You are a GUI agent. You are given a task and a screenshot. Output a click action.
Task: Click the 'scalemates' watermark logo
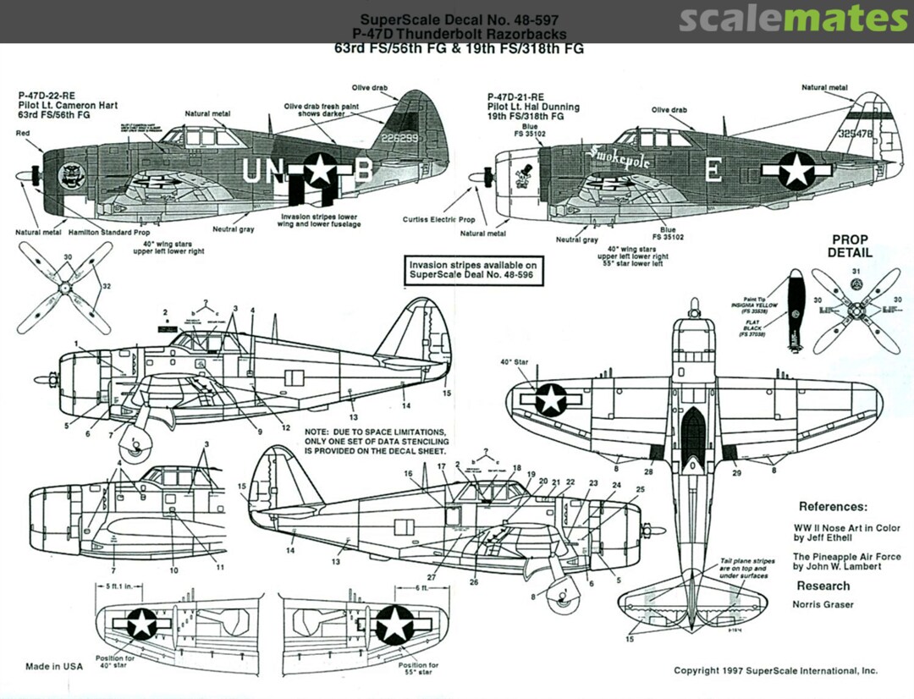point(793,18)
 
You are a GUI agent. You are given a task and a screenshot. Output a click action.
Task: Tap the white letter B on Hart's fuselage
point(361,171)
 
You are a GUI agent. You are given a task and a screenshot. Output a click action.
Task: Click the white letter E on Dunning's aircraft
point(713,171)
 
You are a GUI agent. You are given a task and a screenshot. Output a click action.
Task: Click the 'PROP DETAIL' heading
point(850,245)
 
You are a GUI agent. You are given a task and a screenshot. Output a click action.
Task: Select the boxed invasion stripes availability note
point(472,270)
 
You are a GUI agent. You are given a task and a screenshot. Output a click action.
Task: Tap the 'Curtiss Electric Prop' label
point(438,218)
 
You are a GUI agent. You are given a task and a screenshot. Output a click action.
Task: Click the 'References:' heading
point(833,507)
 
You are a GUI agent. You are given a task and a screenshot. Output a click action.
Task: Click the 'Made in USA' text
point(54,666)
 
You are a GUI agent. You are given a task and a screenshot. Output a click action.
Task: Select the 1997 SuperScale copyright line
point(775,671)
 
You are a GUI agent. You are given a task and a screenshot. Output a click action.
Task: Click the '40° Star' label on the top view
point(513,362)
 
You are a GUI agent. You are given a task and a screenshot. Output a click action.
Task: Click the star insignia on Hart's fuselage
point(319,169)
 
